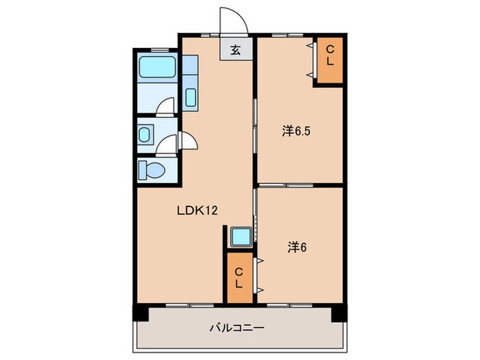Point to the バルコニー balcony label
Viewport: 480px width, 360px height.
pos(237,328)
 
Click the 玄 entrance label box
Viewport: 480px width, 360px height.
pos(235,49)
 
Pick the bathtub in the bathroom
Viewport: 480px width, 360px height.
pos(158,70)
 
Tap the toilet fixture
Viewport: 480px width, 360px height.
pos(149,168)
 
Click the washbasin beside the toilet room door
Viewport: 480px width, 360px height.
pos(145,134)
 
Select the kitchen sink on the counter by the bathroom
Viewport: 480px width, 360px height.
pos(191,97)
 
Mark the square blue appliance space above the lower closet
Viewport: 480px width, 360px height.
pos(240,237)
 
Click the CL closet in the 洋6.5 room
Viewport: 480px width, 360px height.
pos(328,61)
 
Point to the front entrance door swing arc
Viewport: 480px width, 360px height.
pos(232,19)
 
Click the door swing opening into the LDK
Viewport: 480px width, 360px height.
pos(189,144)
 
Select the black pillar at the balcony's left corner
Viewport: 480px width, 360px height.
pos(140,313)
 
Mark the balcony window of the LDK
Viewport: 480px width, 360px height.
pos(187,303)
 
